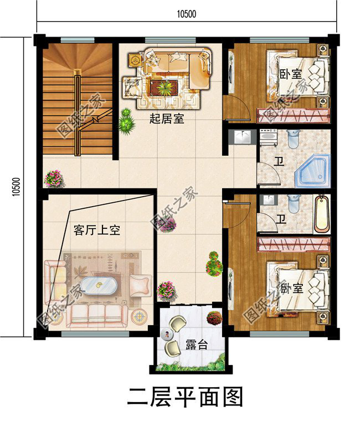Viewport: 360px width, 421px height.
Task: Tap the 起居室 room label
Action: tap(167, 118)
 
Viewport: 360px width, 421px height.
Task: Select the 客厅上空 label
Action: tap(96, 230)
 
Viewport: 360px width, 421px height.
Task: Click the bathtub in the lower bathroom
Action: tap(321, 215)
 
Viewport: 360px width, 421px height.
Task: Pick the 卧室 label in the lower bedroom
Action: tap(291, 289)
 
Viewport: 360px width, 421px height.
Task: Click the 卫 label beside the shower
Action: tap(280, 161)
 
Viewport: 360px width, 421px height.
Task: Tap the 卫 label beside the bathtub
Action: tap(281, 219)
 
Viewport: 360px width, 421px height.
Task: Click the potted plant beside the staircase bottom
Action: tap(54, 178)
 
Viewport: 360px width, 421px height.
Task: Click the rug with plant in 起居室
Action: tap(164, 88)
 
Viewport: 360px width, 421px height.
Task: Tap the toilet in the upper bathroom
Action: tap(294, 137)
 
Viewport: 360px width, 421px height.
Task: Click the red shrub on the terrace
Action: tap(214, 318)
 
